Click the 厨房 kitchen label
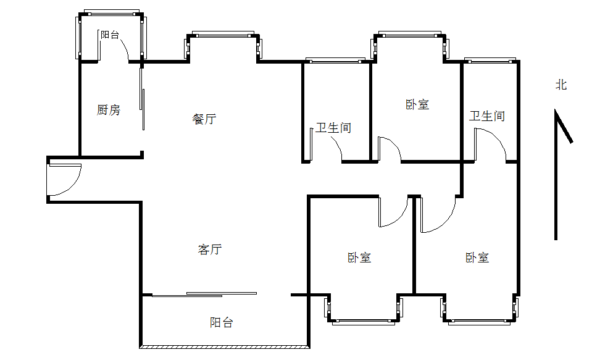(x=109, y=110)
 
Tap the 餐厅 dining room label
(x=204, y=119)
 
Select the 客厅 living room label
(x=210, y=249)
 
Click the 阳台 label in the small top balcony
(x=110, y=35)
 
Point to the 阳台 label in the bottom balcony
(x=222, y=322)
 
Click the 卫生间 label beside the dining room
(x=333, y=128)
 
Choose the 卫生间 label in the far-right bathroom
(x=487, y=115)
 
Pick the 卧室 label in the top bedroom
(x=417, y=104)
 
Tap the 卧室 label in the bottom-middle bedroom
(x=359, y=257)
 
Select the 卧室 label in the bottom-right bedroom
(x=477, y=257)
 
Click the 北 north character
(x=561, y=85)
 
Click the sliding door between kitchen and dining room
(x=143, y=99)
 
